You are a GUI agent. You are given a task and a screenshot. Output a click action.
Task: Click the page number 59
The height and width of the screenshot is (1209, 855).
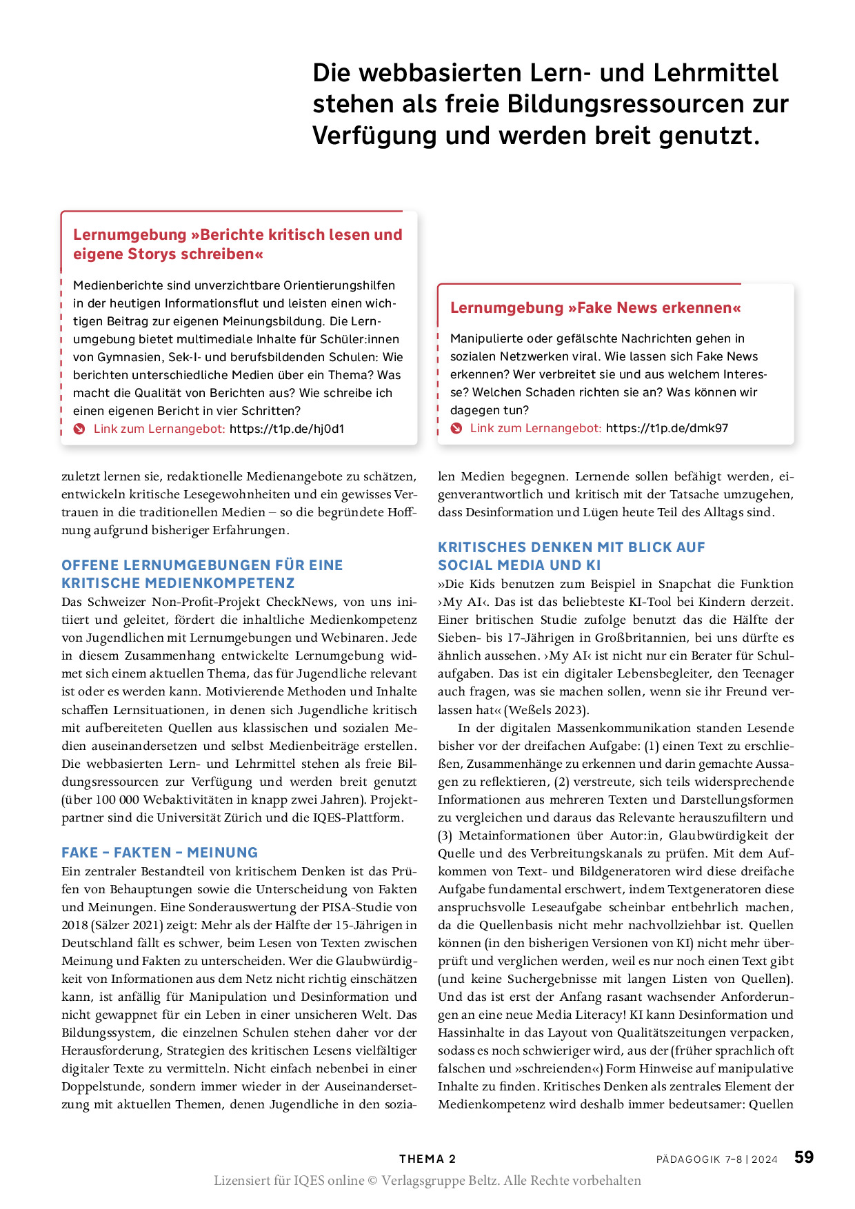tap(804, 1157)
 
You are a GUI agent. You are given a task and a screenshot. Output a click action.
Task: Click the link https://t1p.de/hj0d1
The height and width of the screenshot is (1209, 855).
tap(287, 429)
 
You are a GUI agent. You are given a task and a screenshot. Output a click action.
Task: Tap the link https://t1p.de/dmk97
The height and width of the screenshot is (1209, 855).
tap(667, 428)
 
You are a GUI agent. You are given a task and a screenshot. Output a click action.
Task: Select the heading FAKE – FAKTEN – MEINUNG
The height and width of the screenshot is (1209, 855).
tap(159, 853)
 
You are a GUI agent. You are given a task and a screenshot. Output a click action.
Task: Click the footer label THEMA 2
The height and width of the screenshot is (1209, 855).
tap(428, 1159)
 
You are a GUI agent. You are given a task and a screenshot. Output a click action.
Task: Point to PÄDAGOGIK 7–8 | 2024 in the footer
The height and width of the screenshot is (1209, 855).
tap(716, 1159)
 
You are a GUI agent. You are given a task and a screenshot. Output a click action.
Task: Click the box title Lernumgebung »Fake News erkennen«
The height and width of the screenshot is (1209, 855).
tap(595, 308)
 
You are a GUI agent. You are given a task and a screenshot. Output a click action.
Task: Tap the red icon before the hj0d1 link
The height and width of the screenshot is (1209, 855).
tap(79, 429)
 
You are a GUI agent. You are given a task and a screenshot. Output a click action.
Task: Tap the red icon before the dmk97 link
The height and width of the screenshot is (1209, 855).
tap(456, 428)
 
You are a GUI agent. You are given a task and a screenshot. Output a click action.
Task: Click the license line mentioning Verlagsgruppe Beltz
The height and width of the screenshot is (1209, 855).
tap(428, 1181)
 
